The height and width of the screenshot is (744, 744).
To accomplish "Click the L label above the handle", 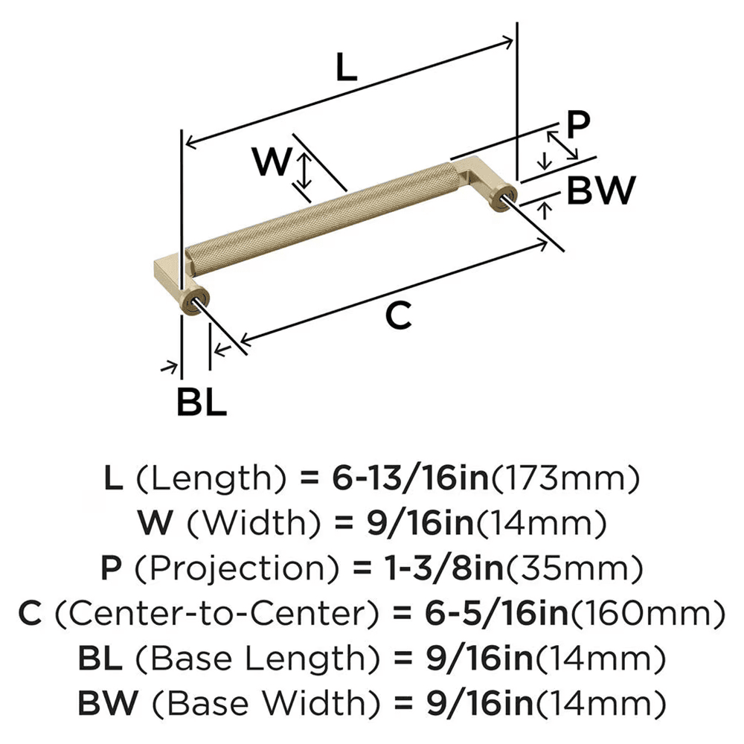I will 346,68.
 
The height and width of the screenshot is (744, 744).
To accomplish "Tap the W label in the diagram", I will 272,161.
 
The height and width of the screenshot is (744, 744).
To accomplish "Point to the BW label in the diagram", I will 600,191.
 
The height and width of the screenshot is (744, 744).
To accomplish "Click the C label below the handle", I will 398,317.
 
